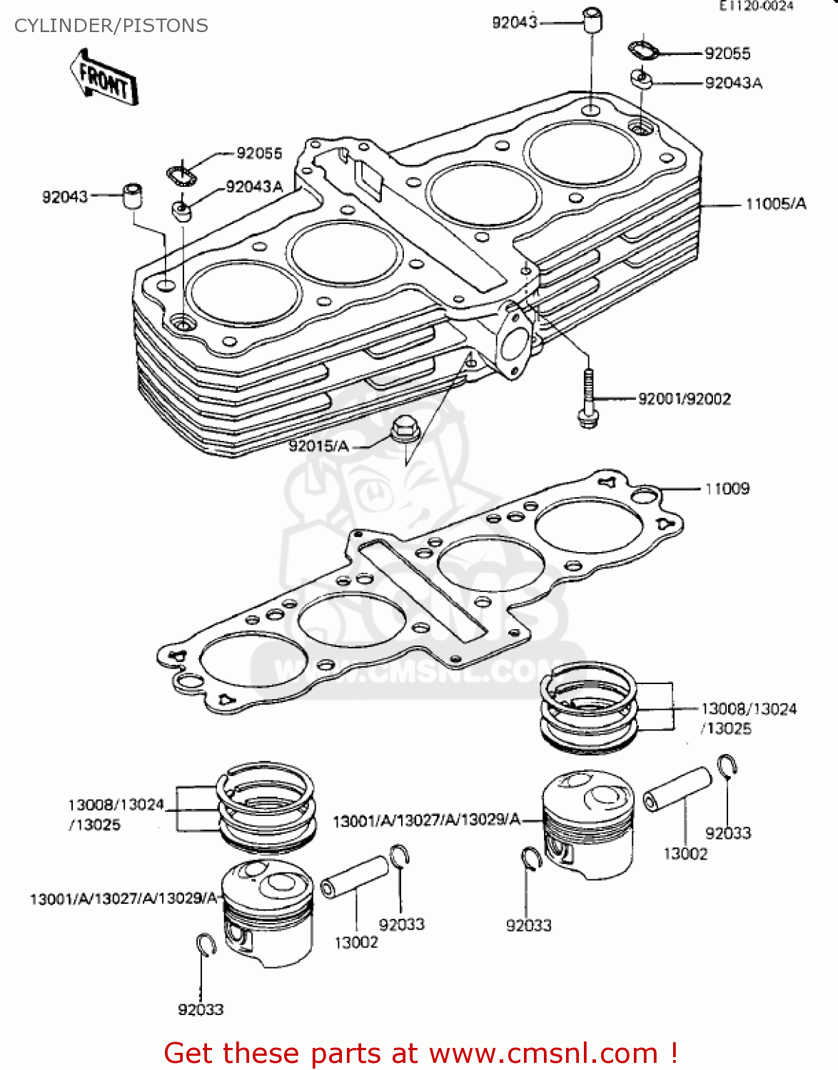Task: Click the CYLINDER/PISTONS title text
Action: (x=111, y=26)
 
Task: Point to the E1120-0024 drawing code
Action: (x=756, y=6)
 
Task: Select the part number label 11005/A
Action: (x=776, y=204)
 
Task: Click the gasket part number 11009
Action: (x=727, y=489)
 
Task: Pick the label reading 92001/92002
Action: (x=684, y=399)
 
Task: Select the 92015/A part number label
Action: (x=318, y=446)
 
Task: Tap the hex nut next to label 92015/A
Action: (x=404, y=429)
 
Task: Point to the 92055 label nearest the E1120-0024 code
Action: (x=727, y=53)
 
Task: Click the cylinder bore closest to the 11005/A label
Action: (x=582, y=153)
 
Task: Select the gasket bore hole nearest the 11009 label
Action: (x=589, y=526)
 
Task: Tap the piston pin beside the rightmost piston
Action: (x=677, y=789)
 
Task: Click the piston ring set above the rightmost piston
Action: (x=588, y=706)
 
